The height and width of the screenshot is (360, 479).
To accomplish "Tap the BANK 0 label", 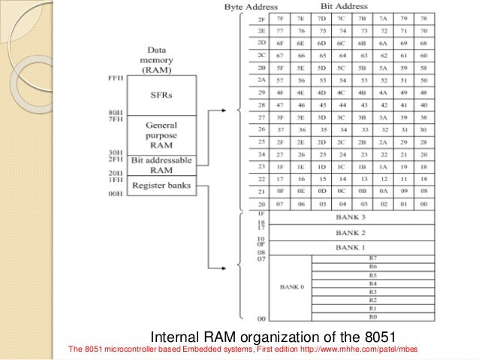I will click(x=290, y=287).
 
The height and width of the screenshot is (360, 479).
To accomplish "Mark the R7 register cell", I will click(x=372, y=259).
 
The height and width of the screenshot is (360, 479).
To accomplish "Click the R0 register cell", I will click(x=372, y=316).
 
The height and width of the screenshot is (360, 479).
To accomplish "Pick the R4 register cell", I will click(x=372, y=283).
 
